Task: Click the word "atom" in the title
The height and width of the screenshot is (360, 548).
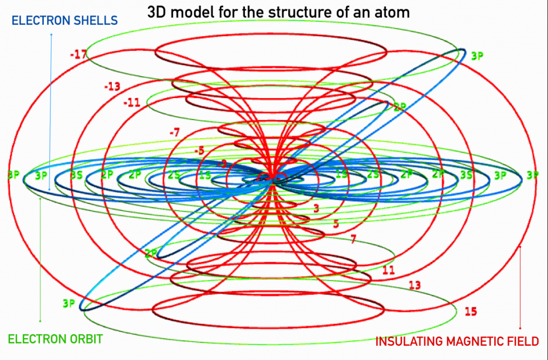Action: click(x=392, y=12)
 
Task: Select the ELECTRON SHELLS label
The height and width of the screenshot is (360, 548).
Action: click(x=65, y=21)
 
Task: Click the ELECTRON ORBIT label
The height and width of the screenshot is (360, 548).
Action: click(x=55, y=339)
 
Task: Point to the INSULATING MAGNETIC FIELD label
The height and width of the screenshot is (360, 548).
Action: click(x=457, y=342)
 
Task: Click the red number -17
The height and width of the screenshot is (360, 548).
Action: click(x=78, y=54)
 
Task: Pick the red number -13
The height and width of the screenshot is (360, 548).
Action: click(x=112, y=87)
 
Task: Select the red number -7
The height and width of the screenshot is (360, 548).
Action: click(x=175, y=132)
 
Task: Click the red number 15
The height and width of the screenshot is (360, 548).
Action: click(x=471, y=311)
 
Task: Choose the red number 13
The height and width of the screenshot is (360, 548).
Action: click(x=415, y=285)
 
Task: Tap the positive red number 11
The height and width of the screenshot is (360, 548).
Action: click(x=389, y=270)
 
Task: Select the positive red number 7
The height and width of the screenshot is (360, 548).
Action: click(x=353, y=239)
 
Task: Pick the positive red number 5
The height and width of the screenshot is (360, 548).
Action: click(x=336, y=224)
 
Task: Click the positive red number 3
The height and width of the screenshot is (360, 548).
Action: click(x=316, y=209)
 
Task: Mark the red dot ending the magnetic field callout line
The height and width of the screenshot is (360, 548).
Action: click(x=520, y=328)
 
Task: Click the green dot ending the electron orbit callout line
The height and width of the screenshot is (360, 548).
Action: click(x=40, y=321)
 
